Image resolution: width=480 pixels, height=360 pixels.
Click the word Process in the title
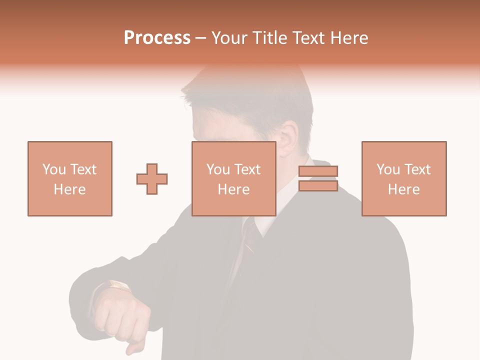157,38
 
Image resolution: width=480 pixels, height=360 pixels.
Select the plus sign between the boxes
152,179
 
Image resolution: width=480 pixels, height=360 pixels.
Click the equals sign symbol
318,179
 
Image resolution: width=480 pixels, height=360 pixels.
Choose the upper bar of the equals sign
318,171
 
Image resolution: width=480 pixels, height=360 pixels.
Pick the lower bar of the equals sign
318,186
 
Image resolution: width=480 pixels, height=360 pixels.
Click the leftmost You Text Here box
70,178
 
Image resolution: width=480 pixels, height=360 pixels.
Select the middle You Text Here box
234,178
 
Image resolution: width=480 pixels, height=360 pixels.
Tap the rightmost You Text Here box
404,178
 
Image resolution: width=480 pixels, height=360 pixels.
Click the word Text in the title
309,38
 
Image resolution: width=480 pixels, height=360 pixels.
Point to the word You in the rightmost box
388,169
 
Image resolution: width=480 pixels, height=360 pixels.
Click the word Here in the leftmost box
70,189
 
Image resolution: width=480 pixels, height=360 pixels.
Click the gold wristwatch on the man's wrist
119,285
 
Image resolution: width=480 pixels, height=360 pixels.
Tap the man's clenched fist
122,315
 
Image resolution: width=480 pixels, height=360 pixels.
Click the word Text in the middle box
247,169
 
